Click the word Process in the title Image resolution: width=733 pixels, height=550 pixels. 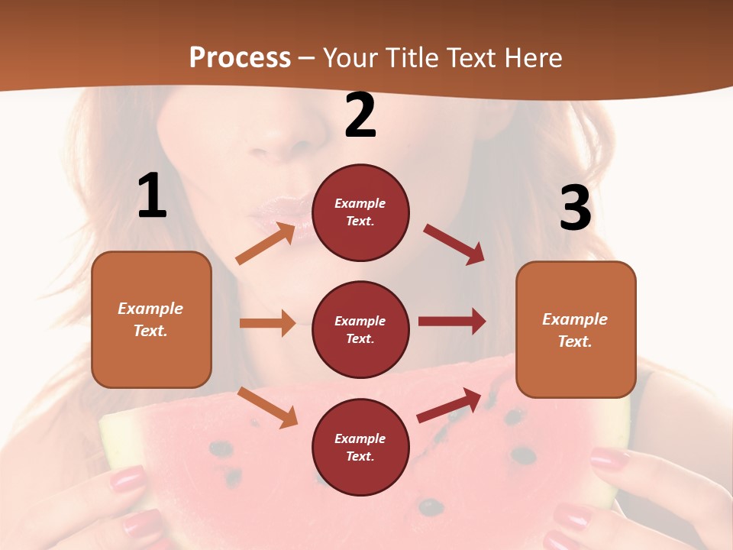point(240,58)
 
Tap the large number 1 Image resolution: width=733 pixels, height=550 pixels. point(152,197)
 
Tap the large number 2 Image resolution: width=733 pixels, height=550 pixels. point(360,116)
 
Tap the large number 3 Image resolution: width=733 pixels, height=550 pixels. point(575,209)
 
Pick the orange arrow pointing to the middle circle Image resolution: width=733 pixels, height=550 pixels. point(267,323)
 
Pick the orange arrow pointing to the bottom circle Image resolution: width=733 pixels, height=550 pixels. point(267,407)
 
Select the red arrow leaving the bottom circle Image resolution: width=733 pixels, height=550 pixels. point(449,406)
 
